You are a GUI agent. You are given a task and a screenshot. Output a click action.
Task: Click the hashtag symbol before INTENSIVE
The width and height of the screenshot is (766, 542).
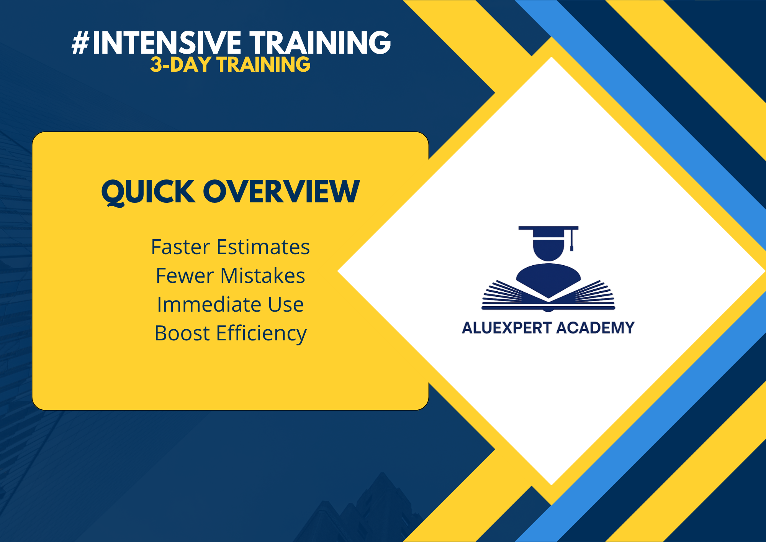click(80, 43)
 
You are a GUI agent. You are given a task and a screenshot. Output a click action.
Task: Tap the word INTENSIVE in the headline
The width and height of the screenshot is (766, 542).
click(167, 43)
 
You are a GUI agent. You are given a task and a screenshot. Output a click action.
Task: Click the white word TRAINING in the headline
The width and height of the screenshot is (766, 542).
click(320, 43)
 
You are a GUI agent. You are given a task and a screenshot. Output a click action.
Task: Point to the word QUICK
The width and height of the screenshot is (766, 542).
click(148, 192)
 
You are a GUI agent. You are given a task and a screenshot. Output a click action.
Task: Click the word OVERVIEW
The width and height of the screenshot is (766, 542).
click(281, 192)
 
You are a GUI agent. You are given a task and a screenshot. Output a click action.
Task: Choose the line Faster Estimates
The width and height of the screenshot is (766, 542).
click(230, 247)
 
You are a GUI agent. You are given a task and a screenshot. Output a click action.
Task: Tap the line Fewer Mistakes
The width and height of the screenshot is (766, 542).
click(230, 276)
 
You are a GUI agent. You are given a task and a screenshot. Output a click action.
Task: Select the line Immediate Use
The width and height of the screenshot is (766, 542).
click(230, 304)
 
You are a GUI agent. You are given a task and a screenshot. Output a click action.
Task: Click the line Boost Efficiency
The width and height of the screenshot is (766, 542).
click(230, 333)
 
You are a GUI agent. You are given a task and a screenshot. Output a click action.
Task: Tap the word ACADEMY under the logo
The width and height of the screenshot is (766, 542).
click(595, 328)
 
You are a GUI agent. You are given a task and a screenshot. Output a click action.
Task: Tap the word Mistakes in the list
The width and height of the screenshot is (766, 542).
click(262, 276)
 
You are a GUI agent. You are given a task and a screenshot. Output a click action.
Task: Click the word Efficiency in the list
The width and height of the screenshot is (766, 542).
click(261, 333)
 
